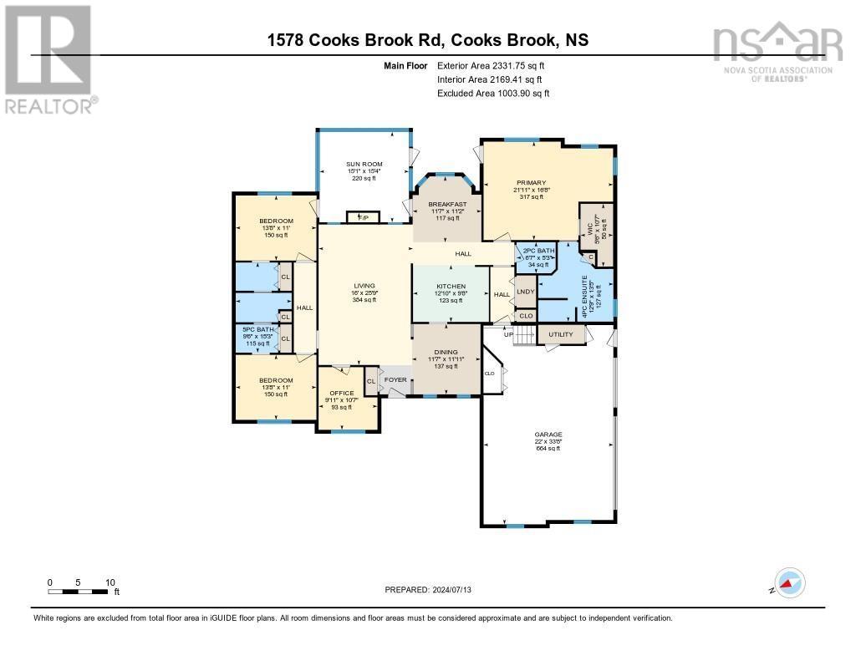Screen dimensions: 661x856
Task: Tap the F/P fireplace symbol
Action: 363,217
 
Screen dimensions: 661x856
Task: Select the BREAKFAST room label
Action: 447,204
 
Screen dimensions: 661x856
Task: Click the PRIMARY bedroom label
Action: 530,182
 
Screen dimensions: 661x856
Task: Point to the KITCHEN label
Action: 451,287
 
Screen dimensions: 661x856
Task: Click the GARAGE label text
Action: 548,435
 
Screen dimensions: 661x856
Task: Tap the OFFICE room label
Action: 342,393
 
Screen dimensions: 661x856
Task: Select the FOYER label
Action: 395,379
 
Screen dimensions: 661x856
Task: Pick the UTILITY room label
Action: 560,334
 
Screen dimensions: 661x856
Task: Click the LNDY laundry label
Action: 525,292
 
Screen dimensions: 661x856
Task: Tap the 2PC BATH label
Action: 539,251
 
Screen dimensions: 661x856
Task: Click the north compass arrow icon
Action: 788,582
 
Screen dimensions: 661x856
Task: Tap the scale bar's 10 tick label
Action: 110,582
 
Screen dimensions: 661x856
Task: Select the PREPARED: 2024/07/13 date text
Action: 434,589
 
